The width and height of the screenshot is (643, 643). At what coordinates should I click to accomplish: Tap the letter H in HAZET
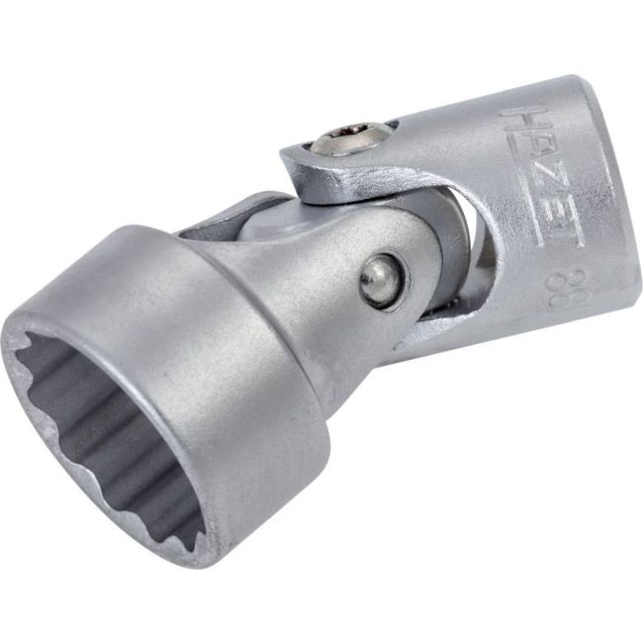pyautogui.click(x=515, y=125)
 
